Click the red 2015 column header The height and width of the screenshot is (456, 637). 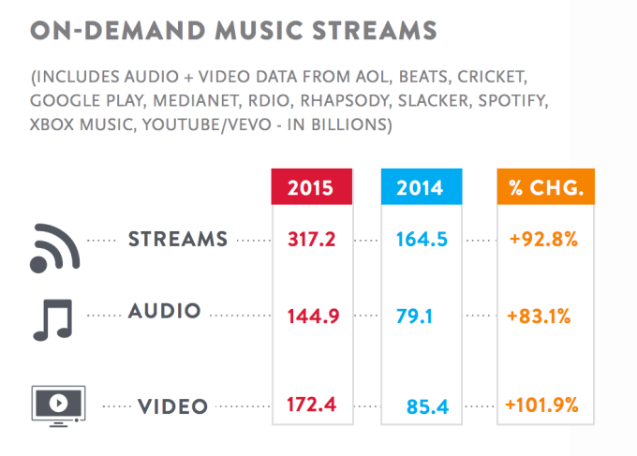[x=310, y=187]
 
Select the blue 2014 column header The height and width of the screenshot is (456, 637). [x=422, y=187]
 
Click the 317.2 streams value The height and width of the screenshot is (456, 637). [x=309, y=241]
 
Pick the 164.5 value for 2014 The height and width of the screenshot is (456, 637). [x=422, y=241]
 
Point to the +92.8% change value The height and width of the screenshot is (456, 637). [x=541, y=241]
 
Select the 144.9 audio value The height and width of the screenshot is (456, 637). [x=309, y=313]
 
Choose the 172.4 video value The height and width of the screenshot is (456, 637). [x=309, y=405]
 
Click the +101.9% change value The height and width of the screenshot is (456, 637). [x=541, y=405]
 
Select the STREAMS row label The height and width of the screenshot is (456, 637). [x=177, y=239]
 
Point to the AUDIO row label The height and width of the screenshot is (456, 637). [x=165, y=311]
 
